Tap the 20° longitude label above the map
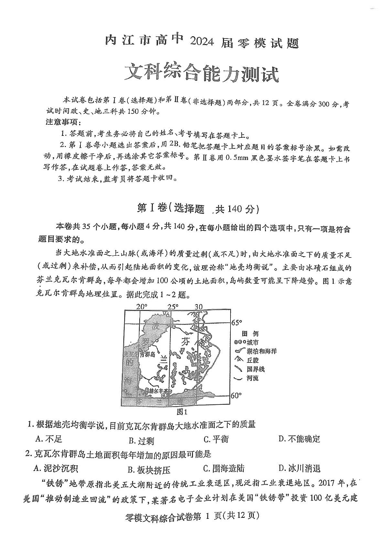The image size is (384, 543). coord(141,307)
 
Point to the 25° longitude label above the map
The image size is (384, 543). coord(173,307)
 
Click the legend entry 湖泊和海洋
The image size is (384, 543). coord(261,351)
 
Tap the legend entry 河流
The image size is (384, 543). coord(252,378)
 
